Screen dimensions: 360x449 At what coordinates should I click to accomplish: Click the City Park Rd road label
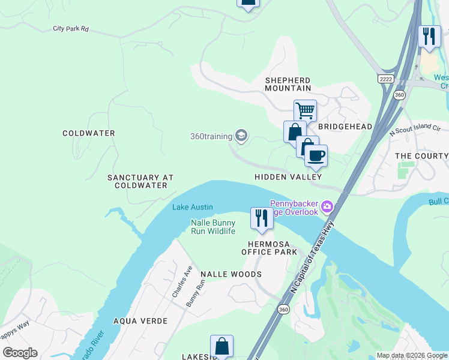[x=71, y=28]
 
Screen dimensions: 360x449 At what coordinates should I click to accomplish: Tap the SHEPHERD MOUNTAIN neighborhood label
[x=288, y=84]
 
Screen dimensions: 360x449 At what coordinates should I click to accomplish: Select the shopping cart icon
[x=305, y=110]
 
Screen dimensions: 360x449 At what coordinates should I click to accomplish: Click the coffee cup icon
[x=316, y=156]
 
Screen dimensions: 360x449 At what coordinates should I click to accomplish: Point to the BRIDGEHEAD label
[x=345, y=127]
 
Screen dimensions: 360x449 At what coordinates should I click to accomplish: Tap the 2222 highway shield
[x=386, y=79]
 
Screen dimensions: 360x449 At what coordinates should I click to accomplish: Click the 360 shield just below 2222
[x=399, y=94]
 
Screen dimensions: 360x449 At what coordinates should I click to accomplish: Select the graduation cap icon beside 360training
[x=241, y=136]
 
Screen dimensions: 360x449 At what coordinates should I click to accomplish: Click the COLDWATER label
[x=88, y=133]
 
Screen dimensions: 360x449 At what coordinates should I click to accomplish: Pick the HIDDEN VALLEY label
[x=288, y=177]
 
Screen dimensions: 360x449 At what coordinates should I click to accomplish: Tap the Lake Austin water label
[x=193, y=208]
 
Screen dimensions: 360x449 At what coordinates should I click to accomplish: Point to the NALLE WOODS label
[x=231, y=274]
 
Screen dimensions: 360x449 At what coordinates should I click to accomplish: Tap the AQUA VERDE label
[x=140, y=321]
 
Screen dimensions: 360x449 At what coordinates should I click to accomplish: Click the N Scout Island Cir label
[x=415, y=130]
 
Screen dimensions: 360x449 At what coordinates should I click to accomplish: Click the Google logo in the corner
[x=20, y=353]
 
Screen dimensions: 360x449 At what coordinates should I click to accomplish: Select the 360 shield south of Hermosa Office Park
[x=283, y=309]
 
